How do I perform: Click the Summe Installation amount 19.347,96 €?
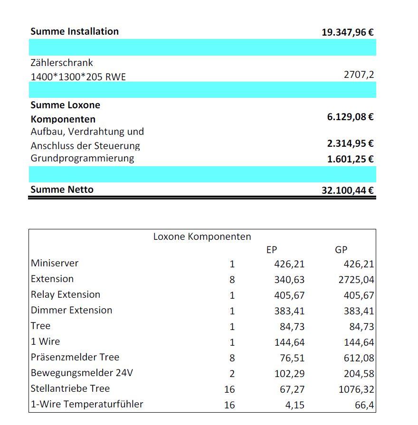[347, 32]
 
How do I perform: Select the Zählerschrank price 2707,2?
[359, 75]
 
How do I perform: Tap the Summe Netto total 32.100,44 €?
[347, 191]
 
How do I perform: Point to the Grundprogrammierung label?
[82, 158]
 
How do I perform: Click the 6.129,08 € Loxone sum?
[350, 117]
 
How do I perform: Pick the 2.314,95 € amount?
[350, 143]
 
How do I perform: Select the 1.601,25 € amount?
[350, 159]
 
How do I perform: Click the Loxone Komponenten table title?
[202, 236]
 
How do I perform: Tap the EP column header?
[272, 250]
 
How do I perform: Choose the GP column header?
[341, 250]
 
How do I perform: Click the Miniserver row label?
[55, 263]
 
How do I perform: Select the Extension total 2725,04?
[356, 280]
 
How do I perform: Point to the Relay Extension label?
[66, 294]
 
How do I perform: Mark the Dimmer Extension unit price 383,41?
[289, 311]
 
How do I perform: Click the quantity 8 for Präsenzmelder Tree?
[232, 358]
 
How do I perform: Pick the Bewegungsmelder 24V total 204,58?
[359, 374]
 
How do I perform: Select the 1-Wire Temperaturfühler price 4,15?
[295, 405]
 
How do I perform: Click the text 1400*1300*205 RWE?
[78, 76]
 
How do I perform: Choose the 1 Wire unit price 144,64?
[289, 342]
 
